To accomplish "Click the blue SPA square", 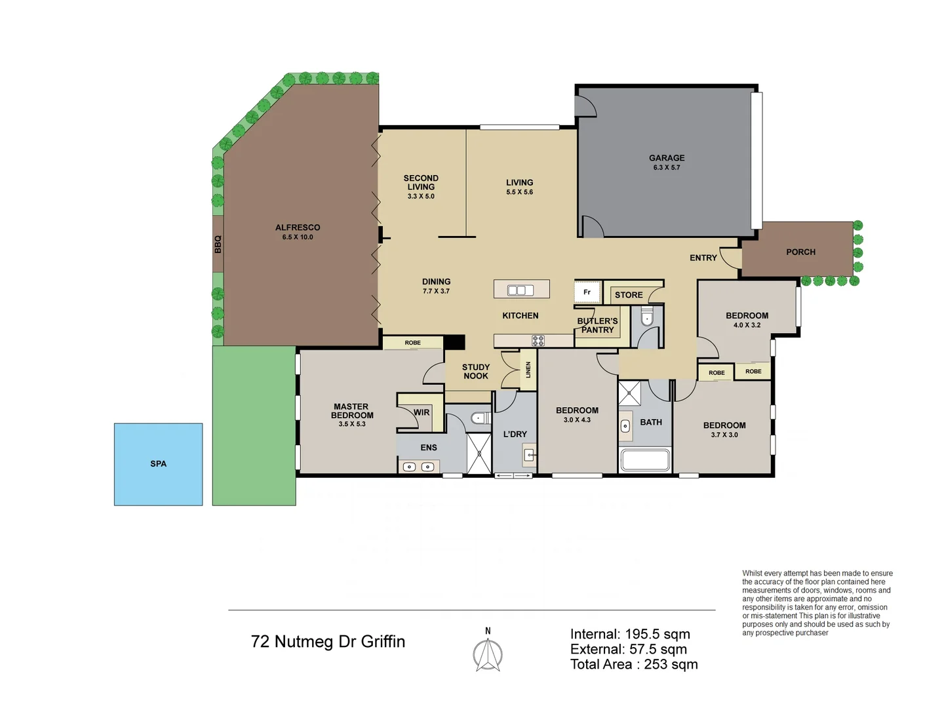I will (x=158, y=464).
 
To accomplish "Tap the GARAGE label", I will (x=667, y=158).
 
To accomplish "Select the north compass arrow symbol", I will (x=488, y=653).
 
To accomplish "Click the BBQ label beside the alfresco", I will (x=218, y=245).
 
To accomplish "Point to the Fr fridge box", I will (x=587, y=292).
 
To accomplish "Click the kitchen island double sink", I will (x=521, y=290).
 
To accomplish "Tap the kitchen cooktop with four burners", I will (x=538, y=341).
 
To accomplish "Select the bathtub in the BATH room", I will (x=645, y=460).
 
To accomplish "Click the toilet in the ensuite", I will (x=481, y=418).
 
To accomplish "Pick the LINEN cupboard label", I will (x=528, y=370).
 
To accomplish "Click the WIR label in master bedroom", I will (x=422, y=412).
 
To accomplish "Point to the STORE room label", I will (x=629, y=295).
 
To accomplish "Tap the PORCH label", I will (x=800, y=252).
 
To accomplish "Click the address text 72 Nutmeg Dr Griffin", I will (x=328, y=641).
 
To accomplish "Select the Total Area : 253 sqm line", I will (x=633, y=664).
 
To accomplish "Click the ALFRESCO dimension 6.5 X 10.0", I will (x=298, y=237).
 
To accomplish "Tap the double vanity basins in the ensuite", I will (x=418, y=467).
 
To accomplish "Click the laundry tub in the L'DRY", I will (x=530, y=454).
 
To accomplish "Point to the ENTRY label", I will (x=703, y=258).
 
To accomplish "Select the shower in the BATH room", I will (x=629, y=393).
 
